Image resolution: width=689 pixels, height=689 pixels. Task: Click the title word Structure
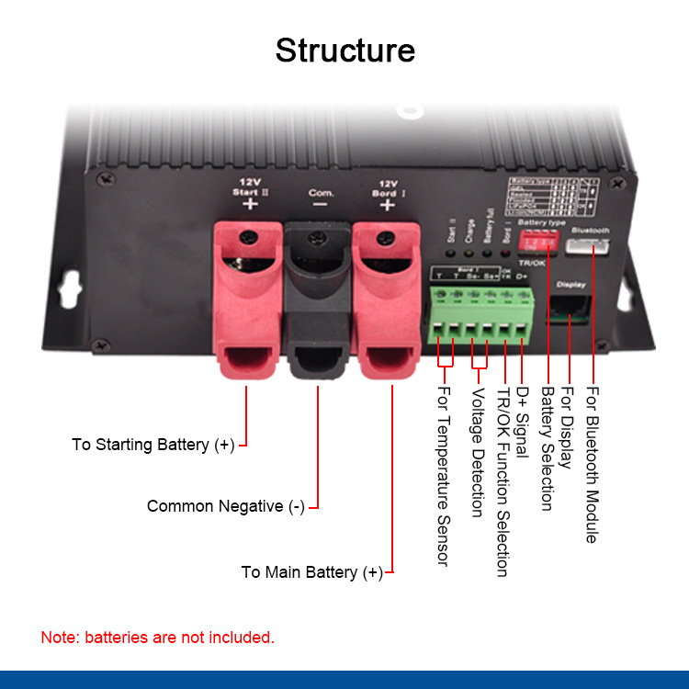point(344,50)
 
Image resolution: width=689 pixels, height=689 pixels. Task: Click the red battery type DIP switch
point(537,242)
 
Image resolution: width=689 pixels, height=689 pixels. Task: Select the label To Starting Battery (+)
point(153,445)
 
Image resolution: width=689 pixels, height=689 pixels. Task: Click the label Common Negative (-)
point(226,506)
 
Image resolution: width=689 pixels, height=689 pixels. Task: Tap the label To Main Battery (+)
point(312,572)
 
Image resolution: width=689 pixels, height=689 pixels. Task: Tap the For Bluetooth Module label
point(592,465)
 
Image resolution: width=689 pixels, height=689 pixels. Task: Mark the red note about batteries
point(157,637)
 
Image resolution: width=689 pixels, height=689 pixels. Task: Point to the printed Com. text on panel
point(319,193)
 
